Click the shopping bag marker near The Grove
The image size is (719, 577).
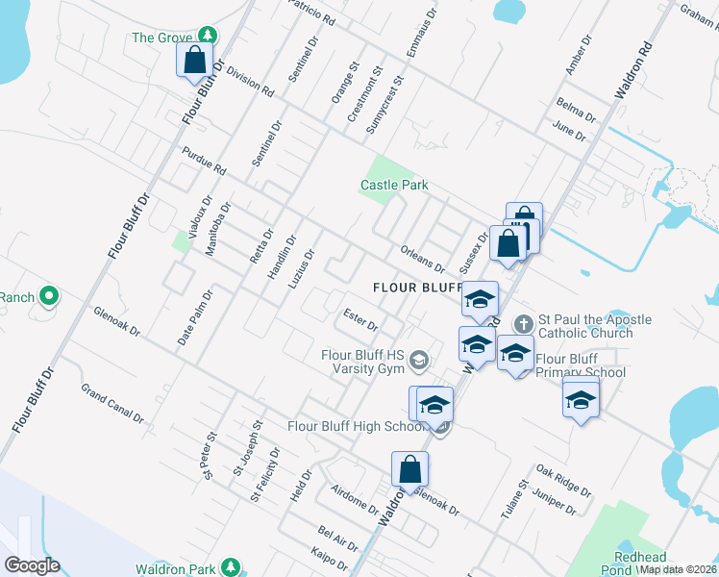(195, 60)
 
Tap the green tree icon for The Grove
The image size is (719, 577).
(205, 38)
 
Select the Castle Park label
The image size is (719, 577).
(393, 185)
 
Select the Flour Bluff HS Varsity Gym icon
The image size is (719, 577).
(418, 361)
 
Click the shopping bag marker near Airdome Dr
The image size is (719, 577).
(409, 469)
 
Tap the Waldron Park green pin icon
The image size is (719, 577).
(230, 565)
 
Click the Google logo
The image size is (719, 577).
(32, 565)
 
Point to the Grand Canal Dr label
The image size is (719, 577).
(112, 404)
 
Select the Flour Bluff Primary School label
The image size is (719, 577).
(581, 366)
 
